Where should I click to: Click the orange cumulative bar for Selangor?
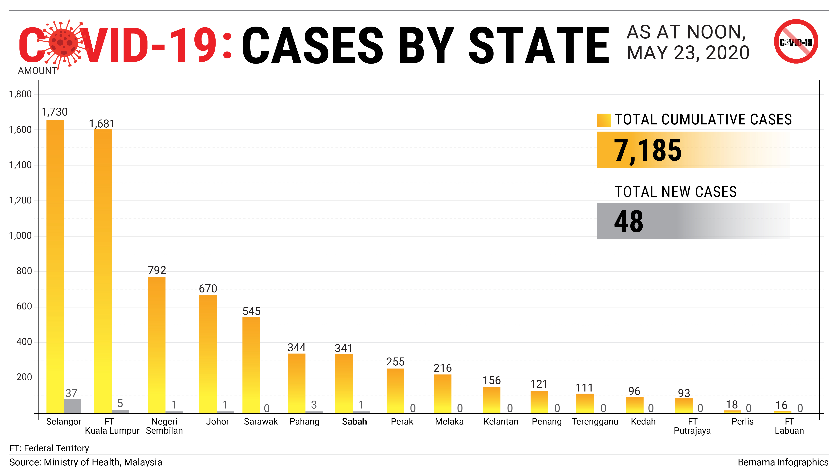pyautogui.click(x=55, y=266)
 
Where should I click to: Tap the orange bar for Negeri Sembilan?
pyautogui.click(x=157, y=345)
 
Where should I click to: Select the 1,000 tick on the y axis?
pyautogui.click(x=20, y=236)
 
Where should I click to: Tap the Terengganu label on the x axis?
pyautogui.click(x=595, y=422)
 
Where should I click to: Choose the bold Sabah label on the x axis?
pyautogui.click(x=354, y=422)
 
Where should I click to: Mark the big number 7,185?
pyautogui.click(x=647, y=150)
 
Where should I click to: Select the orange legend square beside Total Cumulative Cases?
pyautogui.click(x=604, y=120)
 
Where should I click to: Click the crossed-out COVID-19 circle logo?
pyautogui.click(x=796, y=42)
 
